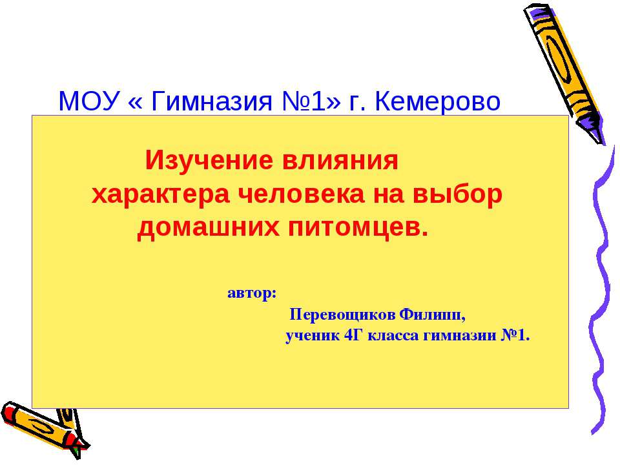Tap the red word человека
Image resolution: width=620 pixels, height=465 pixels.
click(x=300, y=194)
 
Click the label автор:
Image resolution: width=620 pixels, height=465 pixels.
click(x=252, y=293)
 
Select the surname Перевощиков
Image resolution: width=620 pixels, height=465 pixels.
click(x=342, y=315)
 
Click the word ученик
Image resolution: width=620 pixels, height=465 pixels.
click(x=313, y=336)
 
